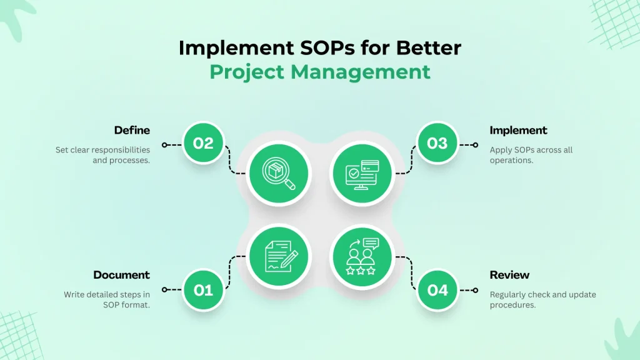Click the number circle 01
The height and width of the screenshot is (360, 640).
[x=203, y=290]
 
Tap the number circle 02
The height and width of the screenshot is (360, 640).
[x=203, y=143]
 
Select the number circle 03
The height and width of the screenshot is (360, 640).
[x=437, y=143]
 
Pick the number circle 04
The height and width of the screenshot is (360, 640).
[x=437, y=290]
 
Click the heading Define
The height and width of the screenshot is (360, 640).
[x=132, y=130]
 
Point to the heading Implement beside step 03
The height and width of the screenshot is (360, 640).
[x=518, y=130]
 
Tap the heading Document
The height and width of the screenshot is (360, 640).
[x=122, y=275]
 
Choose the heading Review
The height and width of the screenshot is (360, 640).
[x=509, y=275]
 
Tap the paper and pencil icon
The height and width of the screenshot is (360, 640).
[x=278, y=256]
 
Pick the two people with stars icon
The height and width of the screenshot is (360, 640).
[x=361, y=256]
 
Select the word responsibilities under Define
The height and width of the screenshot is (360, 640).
[x=118, y=150]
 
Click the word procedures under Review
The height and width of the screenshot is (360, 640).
[x=513, y=305]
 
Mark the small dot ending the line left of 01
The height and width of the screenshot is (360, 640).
[x=164, y=290]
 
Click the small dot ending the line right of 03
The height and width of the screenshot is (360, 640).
[x=476, y=144]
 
